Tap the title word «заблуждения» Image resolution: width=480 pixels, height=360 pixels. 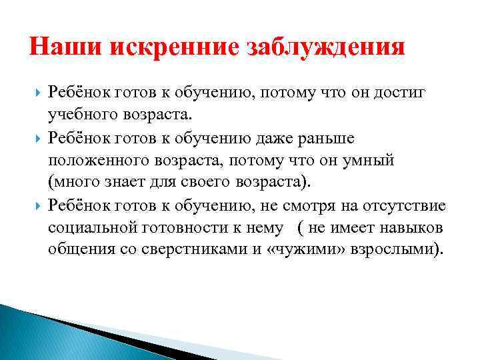[327, 49]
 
